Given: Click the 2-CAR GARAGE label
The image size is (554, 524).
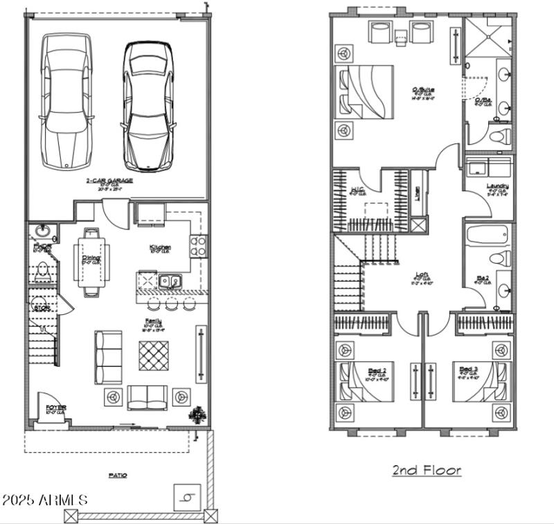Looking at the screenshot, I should click(x=109, y=181).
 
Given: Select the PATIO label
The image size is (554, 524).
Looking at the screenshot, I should click(x=118, y=476).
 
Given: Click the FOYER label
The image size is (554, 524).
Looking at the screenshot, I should click(x=55, y=408).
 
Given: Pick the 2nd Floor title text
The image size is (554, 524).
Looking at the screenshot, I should click(x=426, y=471).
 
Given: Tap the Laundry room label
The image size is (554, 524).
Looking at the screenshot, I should click(x=497, y=186).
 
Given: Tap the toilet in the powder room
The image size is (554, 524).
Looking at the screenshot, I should click(x=42, y=271).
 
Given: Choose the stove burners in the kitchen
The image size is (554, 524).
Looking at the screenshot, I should click(x=197, y=246).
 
